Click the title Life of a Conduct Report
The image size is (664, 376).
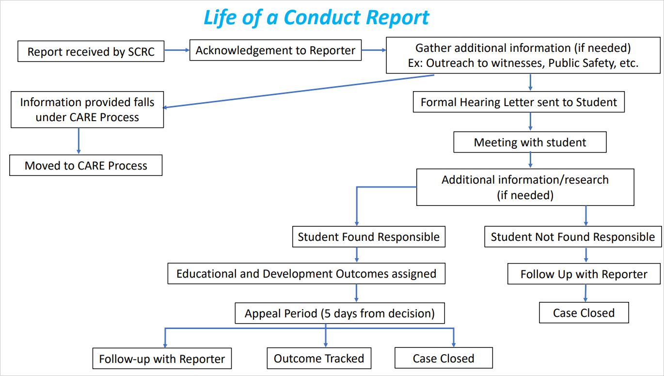coord(316,17)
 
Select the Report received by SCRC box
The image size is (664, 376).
coord(91,52)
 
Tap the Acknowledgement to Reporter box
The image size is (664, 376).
coord(275,50)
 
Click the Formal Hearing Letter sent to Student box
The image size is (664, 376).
coord(519,103)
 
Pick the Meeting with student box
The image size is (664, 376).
coord(530,142)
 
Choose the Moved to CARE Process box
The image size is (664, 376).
coord(86,166)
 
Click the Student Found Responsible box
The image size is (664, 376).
coord(368,237)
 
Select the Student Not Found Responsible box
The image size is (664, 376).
coord(572,237)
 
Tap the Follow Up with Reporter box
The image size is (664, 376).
coord(584,274)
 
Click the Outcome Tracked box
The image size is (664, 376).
coord(319,359)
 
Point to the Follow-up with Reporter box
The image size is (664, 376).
coord(162,359)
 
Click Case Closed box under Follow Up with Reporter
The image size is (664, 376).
coord(584,313)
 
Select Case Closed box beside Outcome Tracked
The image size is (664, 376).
coord(443,359)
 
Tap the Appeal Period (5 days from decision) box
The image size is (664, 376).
coord(339,313)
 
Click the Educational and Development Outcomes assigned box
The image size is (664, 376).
coord(306,274)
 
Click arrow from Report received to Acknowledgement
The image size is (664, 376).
coord(176,50)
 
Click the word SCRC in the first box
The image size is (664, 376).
coord(141,52)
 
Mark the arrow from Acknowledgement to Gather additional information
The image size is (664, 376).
coord(373,50)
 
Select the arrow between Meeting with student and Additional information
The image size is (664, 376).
coord(530,160)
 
